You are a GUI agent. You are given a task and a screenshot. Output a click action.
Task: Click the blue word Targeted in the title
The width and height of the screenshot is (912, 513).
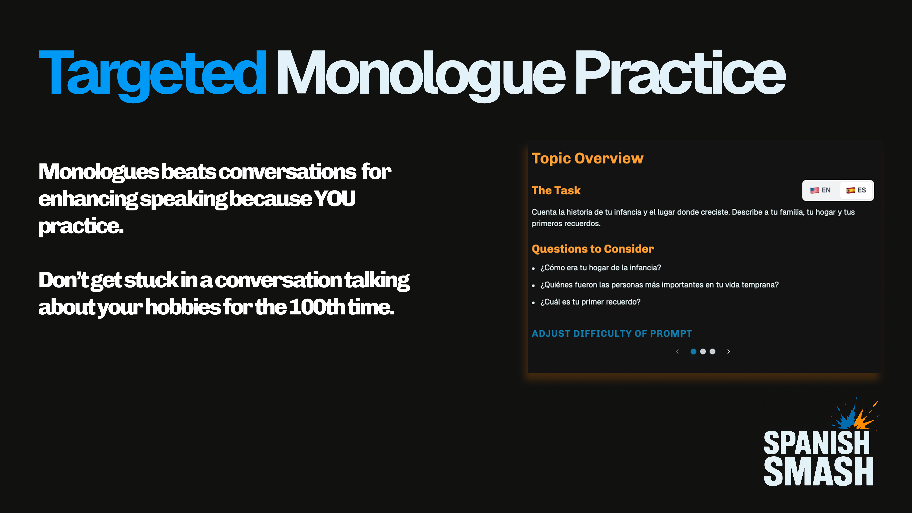(152, 74)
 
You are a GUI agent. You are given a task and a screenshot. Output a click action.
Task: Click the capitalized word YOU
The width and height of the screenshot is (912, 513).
(335, 198)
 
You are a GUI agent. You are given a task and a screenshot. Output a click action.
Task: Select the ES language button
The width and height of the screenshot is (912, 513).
(856, 190)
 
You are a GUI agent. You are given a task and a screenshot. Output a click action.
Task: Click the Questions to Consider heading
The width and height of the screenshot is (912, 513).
(593, 249)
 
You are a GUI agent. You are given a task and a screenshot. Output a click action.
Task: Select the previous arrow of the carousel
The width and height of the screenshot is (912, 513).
(677, 351)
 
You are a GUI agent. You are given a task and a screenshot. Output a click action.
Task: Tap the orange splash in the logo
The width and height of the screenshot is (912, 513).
(865, 418)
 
